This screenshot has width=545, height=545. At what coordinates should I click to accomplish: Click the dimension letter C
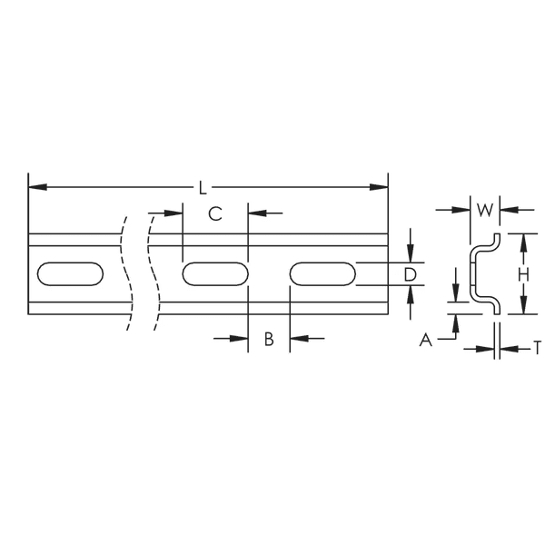(x=215, y=214)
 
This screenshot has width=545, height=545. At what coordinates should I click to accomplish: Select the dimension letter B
(x=269, y=339)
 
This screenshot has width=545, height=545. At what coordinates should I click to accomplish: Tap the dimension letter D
(x=410, y=274)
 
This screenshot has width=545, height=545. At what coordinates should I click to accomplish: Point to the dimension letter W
(x=485, y=210)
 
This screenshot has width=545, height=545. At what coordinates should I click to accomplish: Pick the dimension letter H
(x=523, y=274)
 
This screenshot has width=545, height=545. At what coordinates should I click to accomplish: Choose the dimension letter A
(x=424, y=340)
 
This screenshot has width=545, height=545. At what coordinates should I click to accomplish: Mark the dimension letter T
(x=537, y=346)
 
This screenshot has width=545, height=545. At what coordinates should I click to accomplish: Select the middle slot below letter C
(x=215, y=274)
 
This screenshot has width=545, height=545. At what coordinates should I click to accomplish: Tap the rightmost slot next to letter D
(x=322, y=274)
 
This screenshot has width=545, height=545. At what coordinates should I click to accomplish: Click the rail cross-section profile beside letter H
(x=483, y=274)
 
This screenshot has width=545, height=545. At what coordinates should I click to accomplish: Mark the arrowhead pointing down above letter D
(x=411, y=255)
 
